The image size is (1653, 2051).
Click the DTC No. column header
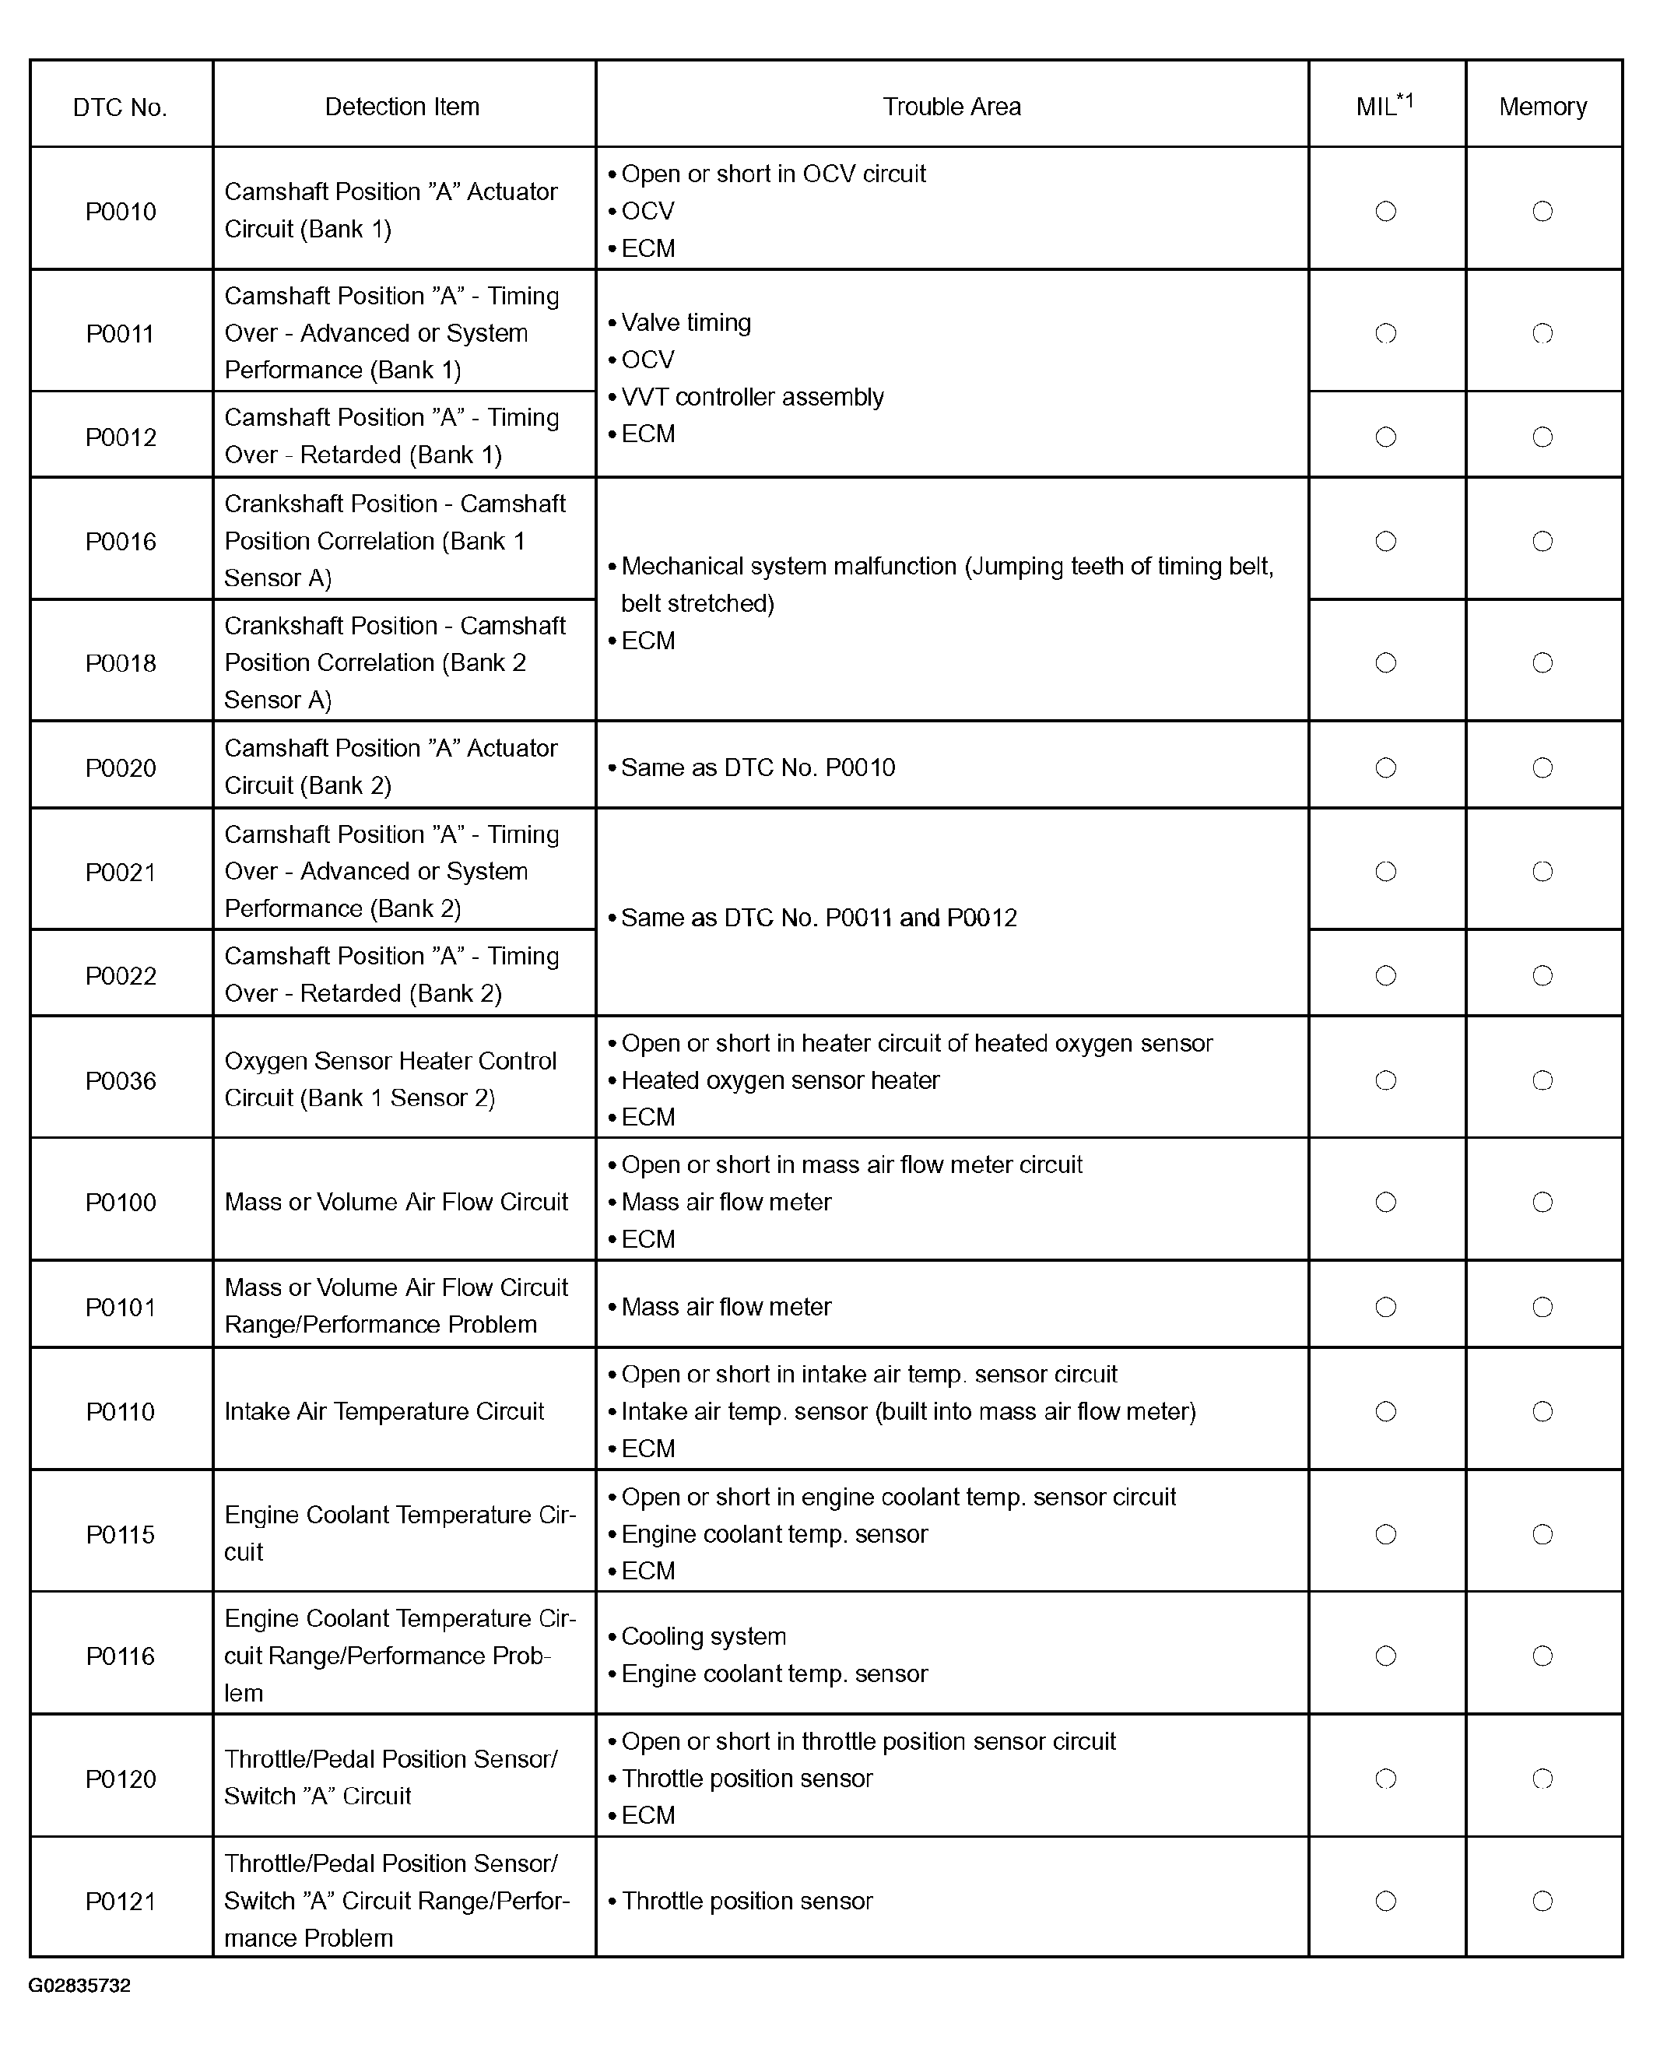point(120,107)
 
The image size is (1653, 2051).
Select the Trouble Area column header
point(951,107)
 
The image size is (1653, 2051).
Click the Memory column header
point(1542,107)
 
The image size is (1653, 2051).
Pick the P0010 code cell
point(121,212)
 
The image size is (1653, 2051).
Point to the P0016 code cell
point(121,541)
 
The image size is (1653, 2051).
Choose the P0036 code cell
point(121,1080)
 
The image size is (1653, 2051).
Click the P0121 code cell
point(121,1901)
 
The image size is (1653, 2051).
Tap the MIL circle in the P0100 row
point(1385,1202)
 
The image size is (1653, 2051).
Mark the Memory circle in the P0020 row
point(1542,767)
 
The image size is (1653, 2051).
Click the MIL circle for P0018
point(1385,662)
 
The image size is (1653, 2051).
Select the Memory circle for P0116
point(1542,1656)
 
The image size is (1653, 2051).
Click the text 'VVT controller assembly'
point(753,397)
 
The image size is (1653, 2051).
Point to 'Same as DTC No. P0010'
point(758,767)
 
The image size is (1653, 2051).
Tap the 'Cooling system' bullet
point(704,1636)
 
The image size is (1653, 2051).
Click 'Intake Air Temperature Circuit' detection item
point(384,1411)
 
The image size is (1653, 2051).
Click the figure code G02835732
point(80,1986)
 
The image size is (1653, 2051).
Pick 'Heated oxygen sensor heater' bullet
point(780,1080)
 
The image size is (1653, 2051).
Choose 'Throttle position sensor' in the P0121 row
point(746,1901)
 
